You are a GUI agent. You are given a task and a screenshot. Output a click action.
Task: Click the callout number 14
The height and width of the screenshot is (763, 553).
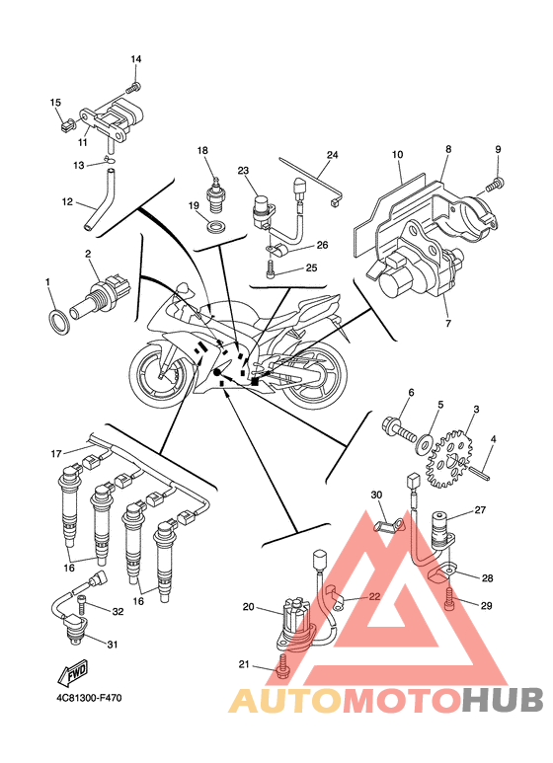point(136,59)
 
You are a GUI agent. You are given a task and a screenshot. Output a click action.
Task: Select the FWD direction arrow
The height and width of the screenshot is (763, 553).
point(72,672)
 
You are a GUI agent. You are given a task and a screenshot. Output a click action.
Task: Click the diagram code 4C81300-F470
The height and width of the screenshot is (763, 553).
point(89,698)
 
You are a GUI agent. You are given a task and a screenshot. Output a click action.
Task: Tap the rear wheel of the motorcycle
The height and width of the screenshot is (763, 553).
point(312,381)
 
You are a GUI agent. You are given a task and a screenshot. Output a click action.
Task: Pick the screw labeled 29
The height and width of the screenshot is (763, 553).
point(450,599)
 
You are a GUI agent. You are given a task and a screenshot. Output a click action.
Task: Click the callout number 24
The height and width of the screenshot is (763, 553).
point(333,155)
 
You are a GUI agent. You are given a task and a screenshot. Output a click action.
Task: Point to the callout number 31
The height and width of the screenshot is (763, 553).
point(113,645)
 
